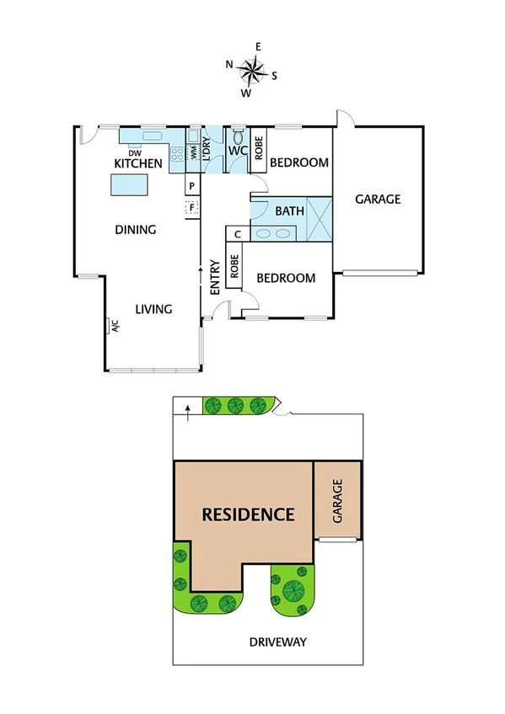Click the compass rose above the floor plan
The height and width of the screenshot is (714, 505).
[x=251, y=68]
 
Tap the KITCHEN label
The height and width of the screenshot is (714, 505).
[x=137, y=163]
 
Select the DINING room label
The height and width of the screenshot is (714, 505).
[x=137, y=229]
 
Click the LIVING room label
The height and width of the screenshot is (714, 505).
[x=153, y=309]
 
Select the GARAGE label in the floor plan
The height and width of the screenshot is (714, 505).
[x=377, y=200]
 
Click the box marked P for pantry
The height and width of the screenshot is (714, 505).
[x=192, y=186]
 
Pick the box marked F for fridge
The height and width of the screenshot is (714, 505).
[x=192, y=206]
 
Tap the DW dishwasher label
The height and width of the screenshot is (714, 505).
[x=133, y=152]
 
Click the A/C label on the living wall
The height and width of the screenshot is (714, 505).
[x=113, y=326]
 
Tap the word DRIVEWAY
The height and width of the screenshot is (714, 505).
[x=277, y=642]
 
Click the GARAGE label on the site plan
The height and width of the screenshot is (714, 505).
[x=337, y=502]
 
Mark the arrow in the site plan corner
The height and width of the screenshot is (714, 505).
[x=187, y=409]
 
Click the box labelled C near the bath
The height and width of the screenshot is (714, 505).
[x=237, y=234]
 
